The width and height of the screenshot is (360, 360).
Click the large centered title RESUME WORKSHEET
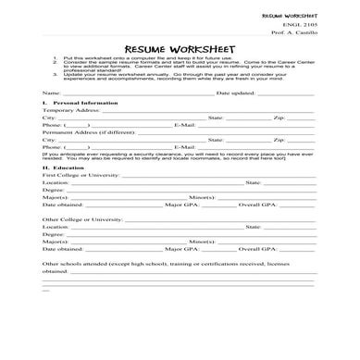coord(180,49)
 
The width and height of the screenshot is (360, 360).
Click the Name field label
coord(52,93)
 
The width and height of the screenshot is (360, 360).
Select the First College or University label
coord(81,175)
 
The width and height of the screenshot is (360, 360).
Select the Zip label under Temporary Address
coord(279,118)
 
